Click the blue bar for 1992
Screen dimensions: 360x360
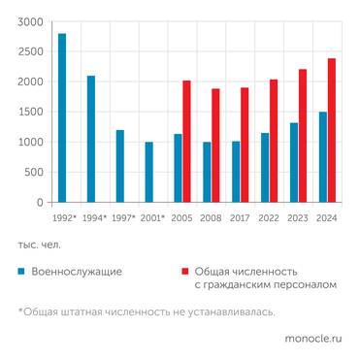[x=62, y=118]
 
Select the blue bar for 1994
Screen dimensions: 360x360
[x=91, y=140]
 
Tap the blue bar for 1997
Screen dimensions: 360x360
[x=120, y=167]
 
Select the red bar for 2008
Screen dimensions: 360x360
[x=215, y=146]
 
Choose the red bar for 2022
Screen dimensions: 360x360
[x=274, y=142]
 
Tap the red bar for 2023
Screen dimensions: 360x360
[x=303, y=136]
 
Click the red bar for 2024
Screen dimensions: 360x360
[x=332, y=131]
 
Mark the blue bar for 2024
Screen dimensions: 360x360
[x=323, y=157]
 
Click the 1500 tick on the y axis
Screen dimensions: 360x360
[x=30, y=113]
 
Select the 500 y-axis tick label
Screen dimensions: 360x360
[x=34, y=173]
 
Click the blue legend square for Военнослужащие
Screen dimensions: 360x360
[x=21, y=272]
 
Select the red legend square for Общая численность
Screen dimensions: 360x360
[x=183, y=272]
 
